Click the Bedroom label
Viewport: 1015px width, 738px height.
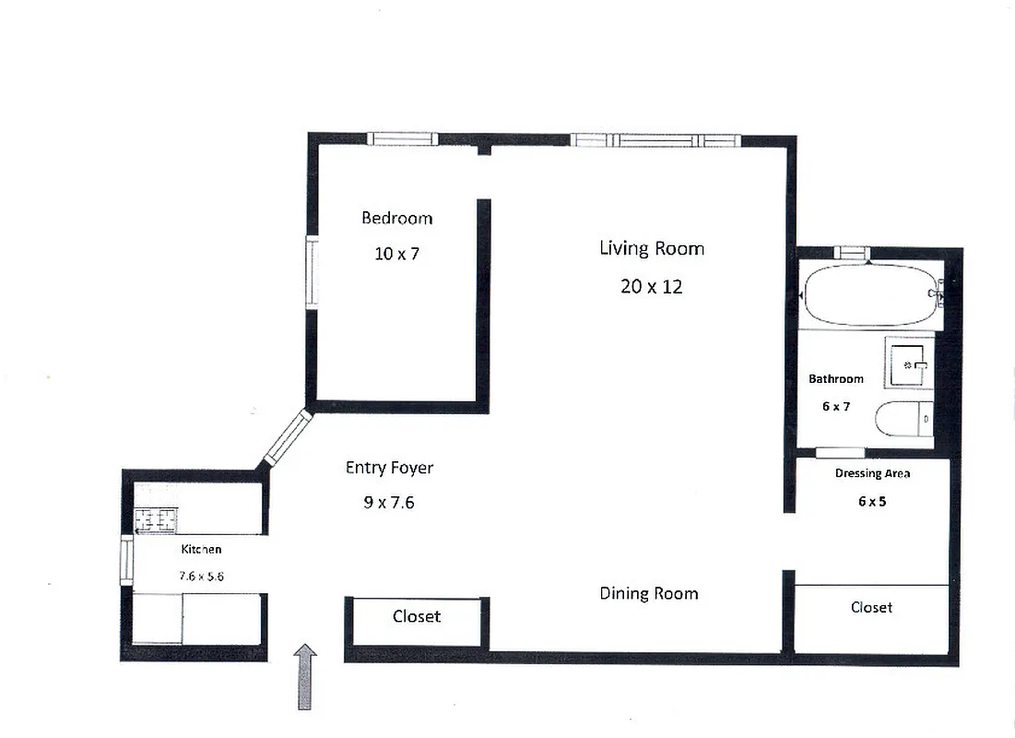coord(396,219)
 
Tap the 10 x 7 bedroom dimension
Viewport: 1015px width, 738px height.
coord(396,254)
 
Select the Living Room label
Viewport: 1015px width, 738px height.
coord(651,248)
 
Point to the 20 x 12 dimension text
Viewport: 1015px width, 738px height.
coord(651,287)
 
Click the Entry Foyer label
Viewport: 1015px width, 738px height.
coord(389,468)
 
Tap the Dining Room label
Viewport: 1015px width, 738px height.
coord(648,593)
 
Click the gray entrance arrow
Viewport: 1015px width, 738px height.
coord(305,676)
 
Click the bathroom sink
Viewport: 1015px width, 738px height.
coord(910,364)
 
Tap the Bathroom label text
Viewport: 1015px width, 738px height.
coord(835,379)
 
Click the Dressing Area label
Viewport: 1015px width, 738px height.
coord(872,474)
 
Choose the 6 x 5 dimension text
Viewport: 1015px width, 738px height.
coord(872,502)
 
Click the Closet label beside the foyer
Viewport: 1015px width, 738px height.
coord(417,616)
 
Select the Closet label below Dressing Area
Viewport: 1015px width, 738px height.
coord(871,607)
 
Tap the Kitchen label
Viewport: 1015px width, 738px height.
coord(201,550)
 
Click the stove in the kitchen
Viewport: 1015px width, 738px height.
coord(156,518)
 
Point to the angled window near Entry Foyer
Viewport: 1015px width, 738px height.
coord(288,437)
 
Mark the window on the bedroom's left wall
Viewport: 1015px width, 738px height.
coord(313,273)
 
